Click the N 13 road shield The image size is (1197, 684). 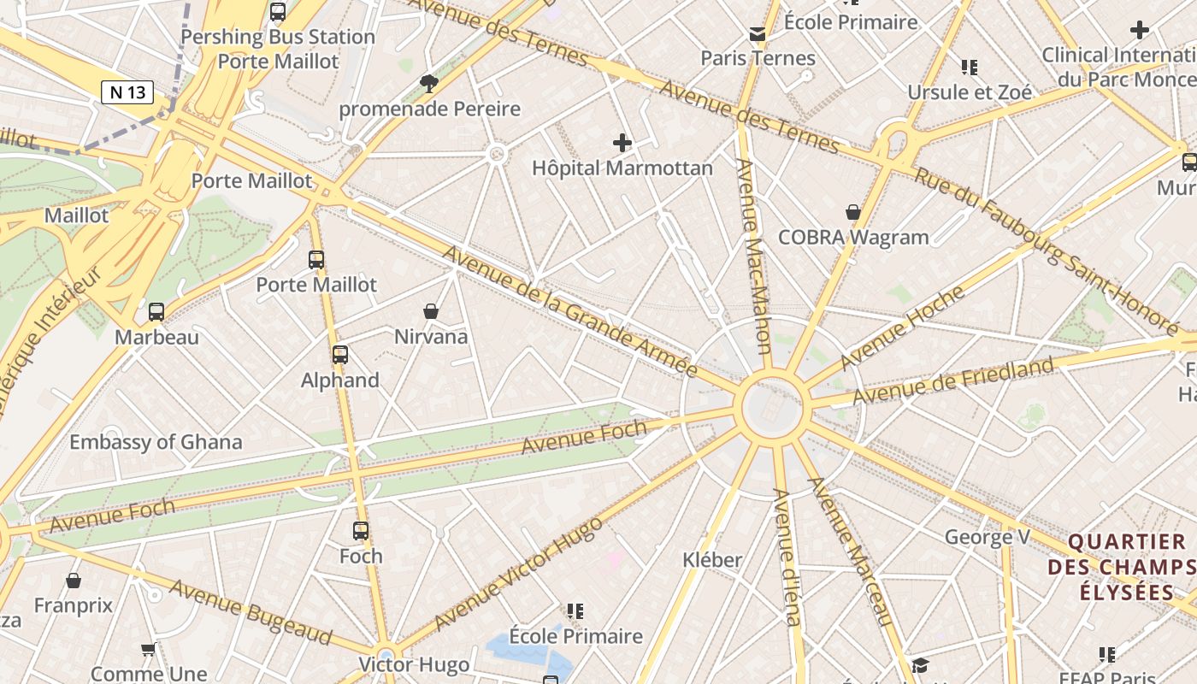[x=127, y=92]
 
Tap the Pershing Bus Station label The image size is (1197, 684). [x=278, y=37]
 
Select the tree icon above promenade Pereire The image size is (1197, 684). [x=429, y=83]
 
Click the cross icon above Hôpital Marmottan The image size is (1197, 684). [x=622, y=143]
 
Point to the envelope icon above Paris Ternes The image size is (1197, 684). [x=758, y=34]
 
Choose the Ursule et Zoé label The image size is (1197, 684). [x=970, y=91]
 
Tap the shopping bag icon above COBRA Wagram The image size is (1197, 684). [x=852, y=212]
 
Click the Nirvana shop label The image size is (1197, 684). [x=431, y=336]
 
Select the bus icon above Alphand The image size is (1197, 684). [x=340, y=354]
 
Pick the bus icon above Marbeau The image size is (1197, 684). [x=156, y=312]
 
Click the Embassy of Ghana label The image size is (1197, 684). [x=156, y=442]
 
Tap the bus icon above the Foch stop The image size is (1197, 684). [x=361, y=531]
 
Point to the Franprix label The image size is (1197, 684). [x=74, y=605]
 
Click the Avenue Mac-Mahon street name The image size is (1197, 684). [x=754, y=256]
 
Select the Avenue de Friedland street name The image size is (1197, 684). [x=953, y=381]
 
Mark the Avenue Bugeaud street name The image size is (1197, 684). [x=251, y=611]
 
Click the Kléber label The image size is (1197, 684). [x=712, y=560]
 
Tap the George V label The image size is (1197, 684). [x=987, y=537]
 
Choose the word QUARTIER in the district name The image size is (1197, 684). [x=1127, y=542]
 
